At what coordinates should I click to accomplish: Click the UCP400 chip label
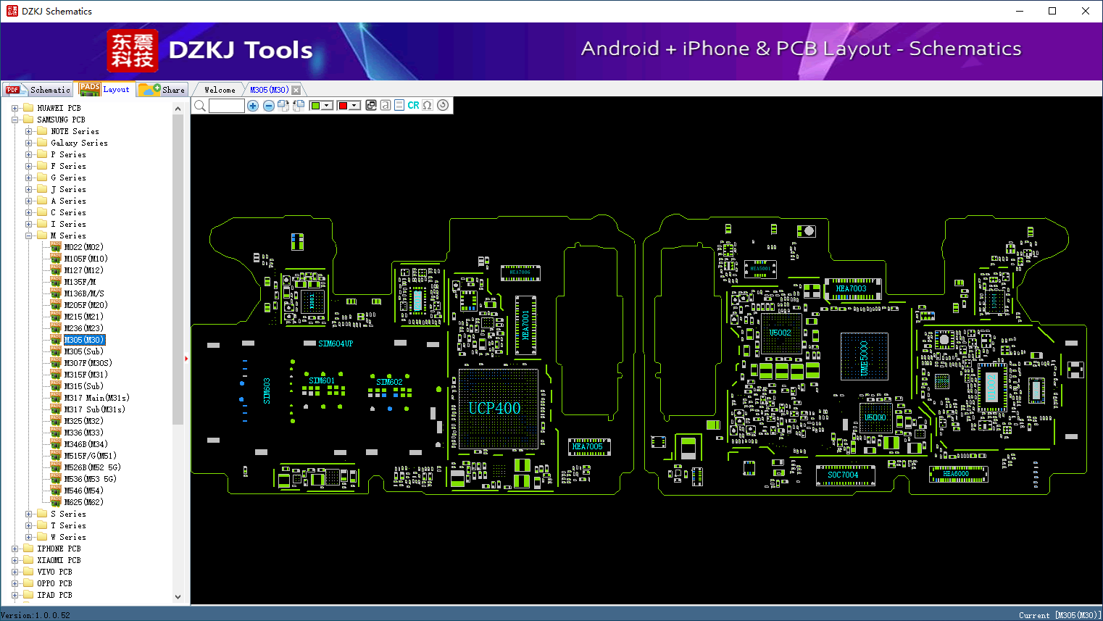point(494,408)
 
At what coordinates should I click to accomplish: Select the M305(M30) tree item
point(84,340)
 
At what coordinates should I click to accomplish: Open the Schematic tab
point(38,90)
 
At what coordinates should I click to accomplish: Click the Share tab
point(163,90)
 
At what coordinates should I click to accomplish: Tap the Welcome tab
point(220,90)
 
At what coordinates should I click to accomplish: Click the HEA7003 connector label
point(851,288)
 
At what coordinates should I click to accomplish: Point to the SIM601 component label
point(322,380)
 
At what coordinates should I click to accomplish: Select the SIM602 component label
point(389,382)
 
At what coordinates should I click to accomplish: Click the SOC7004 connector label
point(843,475)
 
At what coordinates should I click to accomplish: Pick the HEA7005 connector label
point(587,446)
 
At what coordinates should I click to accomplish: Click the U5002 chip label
point(781,333)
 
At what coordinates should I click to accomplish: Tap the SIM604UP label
point(336,343)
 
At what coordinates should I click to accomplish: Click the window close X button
point(1085,11)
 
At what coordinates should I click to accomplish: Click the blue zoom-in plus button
point(253,106)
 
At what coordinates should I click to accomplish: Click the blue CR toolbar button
point(413,106)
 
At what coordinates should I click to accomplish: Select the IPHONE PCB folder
point(59,549)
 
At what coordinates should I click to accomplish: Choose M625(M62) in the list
point(83,502)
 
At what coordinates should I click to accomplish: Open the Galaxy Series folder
point(79,143)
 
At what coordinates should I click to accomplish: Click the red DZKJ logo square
point(132,51)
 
